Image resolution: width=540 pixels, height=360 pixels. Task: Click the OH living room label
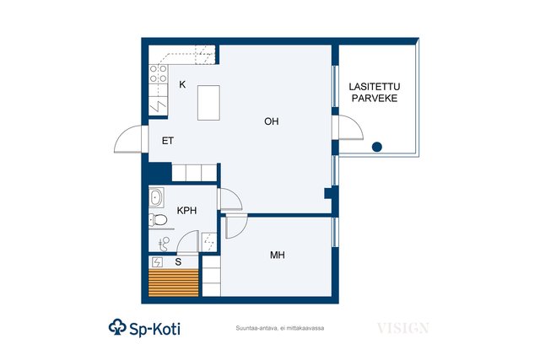click(272, 121)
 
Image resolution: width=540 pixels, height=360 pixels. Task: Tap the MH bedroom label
click(278, 255)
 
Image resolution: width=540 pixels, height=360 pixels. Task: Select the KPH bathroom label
click(186, 210)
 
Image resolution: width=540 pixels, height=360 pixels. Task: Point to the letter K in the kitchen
click(182, 84)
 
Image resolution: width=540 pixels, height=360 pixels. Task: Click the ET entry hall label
click(168, 141)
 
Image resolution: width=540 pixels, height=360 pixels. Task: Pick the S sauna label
click(178, 262)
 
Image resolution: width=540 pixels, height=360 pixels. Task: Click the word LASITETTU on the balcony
click(375, 87)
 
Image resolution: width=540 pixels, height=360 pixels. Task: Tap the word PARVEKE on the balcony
click(375, 99)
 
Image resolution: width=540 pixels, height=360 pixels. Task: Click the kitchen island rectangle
click(208, 103)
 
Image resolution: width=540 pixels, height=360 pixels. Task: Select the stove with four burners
click(159, 73)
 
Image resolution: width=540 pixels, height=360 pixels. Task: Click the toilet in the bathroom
click(158, 220)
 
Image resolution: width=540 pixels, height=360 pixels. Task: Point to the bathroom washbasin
click(156, 197)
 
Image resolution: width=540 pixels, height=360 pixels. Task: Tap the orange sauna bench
click(174, 282)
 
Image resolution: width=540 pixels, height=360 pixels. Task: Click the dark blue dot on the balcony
click(377, 147)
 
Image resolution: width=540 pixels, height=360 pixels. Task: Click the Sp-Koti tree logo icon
click(117, 327)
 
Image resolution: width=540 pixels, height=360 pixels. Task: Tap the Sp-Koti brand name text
click(154, 330)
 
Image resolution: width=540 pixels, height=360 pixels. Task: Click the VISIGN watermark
click(403, 328)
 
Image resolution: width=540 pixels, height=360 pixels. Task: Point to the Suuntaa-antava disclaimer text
click(280, 328)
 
